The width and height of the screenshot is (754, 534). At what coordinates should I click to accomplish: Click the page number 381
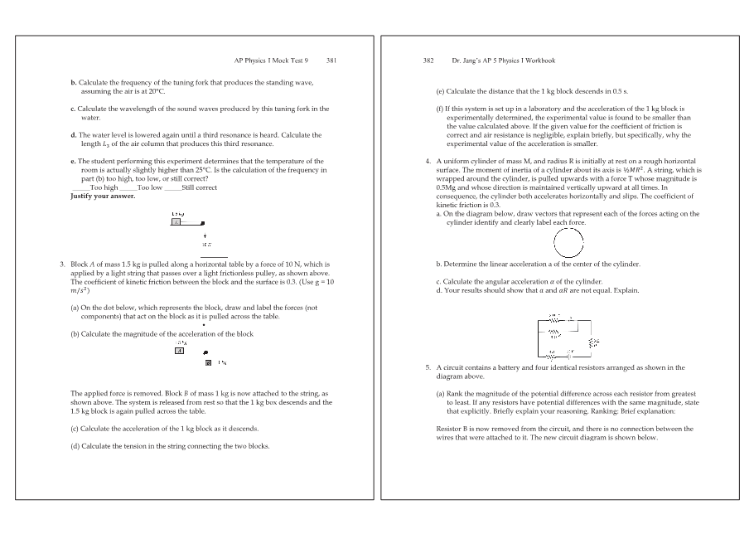331,61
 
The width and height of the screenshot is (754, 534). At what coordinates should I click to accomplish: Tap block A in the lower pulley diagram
179,350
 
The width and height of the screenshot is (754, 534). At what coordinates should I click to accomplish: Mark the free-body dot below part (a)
203,324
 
